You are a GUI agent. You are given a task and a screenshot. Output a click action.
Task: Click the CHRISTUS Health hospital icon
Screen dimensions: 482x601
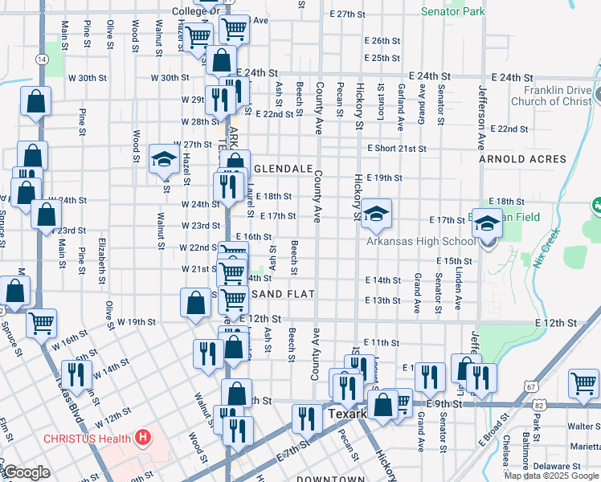pos(143,438)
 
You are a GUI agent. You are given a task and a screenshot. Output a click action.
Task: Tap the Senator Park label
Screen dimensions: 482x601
pos(453,12)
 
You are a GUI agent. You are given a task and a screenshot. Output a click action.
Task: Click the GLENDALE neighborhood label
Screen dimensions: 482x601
pos(284,170)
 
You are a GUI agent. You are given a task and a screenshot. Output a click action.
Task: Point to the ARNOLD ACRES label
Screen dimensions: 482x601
pos(522,159)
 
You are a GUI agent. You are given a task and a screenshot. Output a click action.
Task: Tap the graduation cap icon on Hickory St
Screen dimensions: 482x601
pos(375,214)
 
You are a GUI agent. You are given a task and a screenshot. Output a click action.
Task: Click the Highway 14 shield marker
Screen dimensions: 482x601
pos(40,59)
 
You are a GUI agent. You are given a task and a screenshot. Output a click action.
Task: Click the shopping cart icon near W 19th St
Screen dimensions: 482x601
pos(42,323)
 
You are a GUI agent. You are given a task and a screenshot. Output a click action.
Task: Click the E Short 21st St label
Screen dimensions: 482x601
pos(397,149)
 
